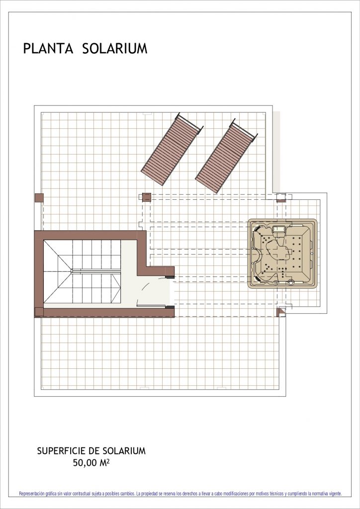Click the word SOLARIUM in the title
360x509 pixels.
pyautogui.click(x=115, y=48)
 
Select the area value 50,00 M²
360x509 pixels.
pyautogui.click(x=91, y=463)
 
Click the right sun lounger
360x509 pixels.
pyautogui.click(x=226, y=156)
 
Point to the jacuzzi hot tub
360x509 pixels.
pyautogui.click(x=282, y=254)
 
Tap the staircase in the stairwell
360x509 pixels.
pyautogui.click(x=82, y=271)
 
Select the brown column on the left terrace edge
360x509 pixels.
pyautogui.click(x=39, y=198)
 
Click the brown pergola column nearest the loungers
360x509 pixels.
pyautogui.click(x=147, y=197)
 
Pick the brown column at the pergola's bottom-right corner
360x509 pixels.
pyautogui.click(x=281, y=312)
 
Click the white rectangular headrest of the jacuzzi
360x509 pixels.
pyautogui.click(x=279, y=229)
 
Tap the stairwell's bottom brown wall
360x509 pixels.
pyautogui.click(x=104, y=313)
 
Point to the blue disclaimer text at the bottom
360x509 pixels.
pyautogui.click(x=180, y=494)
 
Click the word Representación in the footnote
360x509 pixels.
pyautogui.click(x=32, y=494)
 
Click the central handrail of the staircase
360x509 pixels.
pyautogui.click(x=96, y=271)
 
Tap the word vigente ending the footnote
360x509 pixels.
pyautogui.click(x=335, y=494)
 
